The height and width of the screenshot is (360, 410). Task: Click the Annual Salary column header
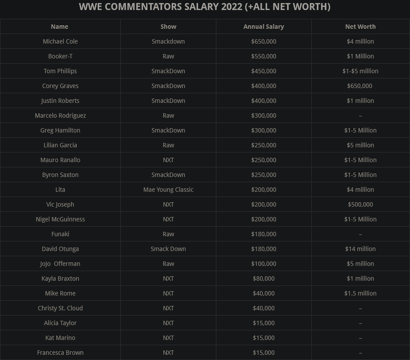pyautogui.click(x=263, y=27)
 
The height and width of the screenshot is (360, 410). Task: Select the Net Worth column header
pyautogui.click(x=360, y=27)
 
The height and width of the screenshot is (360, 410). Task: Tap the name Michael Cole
pyautogui.click(x=60, y=41)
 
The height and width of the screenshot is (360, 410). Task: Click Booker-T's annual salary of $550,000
pyautogui.click(x=263, y=56)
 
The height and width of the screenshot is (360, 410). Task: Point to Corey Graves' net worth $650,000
pyautogui.click(x=360, y=86)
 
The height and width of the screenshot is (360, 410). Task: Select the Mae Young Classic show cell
pyautogui.click(x=168, y=190)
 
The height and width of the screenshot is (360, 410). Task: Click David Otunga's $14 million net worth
pyautogui.click(x=360, y=249)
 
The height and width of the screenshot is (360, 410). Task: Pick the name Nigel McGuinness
pyautogui.click(x=60, y=219)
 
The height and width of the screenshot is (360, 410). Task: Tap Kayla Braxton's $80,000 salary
pyautogui.click(x=263, y=278)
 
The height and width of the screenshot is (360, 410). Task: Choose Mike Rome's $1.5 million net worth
pyautogui.click(x=360, y=293)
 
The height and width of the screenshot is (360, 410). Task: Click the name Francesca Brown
pyautogui.click(x=60, y=353)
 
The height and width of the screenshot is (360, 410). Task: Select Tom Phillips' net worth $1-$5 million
pyautogui.click(x=360, y=71)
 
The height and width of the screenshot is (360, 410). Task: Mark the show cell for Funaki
pyautogui.click(x=168, y=234)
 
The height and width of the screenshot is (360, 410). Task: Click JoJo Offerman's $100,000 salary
pyautogui.click(x=263, y=264)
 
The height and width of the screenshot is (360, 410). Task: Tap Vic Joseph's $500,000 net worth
pyautogui.click(x=360, y=204)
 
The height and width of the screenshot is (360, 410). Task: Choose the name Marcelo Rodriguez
pyautogui.click(x=60, y=115)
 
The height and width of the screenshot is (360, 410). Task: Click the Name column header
pyautogui.click(x=59, y=27)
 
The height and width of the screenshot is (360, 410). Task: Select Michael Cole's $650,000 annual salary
pyautogui.click(x=263, y=41)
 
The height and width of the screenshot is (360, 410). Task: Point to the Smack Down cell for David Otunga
pyautogui.click(x=168, y=249)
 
